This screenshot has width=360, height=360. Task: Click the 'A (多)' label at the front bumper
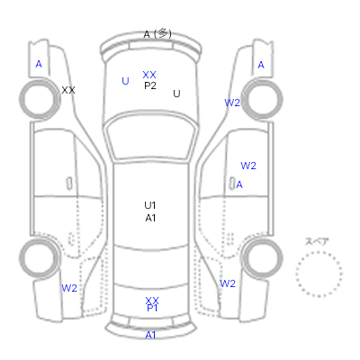(x=157, y=34)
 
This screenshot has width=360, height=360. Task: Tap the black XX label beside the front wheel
(x=68, y=90)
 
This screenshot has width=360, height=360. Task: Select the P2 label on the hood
(x=150, y=85)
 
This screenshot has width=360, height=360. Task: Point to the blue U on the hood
(x=125, y=81)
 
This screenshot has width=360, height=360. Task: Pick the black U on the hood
(x=176, y=94)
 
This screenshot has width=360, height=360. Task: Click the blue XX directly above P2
(x=149, y=75)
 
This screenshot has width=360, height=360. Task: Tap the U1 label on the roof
(x=150, y=205)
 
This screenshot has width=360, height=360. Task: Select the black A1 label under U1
(x=150, y=218)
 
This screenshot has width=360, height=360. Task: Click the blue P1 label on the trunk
(x=152, y=308)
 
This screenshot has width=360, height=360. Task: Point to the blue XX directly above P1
(x=152, y=301)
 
